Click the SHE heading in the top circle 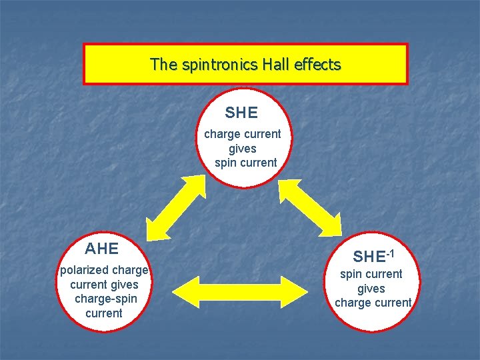(241, 113)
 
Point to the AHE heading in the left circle (102, 249)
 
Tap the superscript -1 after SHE (391, 253)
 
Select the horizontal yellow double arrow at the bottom (240, 291)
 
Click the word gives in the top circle (242, 149)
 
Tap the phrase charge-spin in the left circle (104, 299)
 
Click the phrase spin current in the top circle (245, 163)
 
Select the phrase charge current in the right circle (373, 303)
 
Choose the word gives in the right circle (371, 289)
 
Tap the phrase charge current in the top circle (243, 134)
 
